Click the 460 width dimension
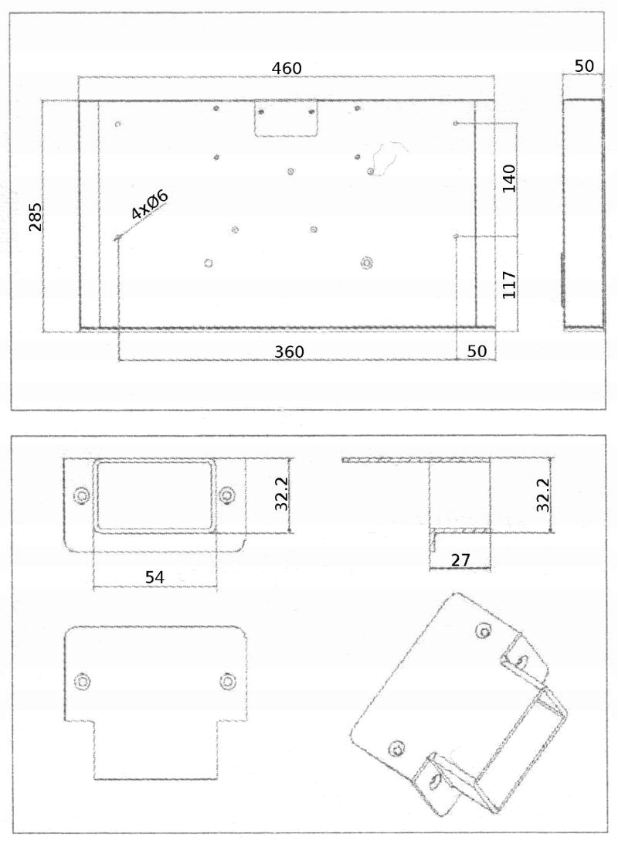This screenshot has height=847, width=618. pyautogui.click(x=287, y=68)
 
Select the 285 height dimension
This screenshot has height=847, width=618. pyautogui.click(x=36, y=216)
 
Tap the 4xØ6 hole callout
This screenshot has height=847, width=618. pyautogui.click(x=149, y=205)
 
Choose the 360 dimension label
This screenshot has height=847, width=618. pyautogui.click(x=290, y=352)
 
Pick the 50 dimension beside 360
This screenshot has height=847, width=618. pyautogui.click(x=477, y=351)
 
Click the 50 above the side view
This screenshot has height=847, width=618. pyautogui.click(x=584, y=66)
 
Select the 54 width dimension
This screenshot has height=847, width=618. pyautogui.click(x=154, y=577)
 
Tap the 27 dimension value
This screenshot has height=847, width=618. pyautogui.click(x=460, y=560)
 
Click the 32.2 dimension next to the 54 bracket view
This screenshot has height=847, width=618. pyautogui.click(x=282, y=494)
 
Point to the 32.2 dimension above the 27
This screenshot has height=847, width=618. pyautogui.click(x=543, y=495)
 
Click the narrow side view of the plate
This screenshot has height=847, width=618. pyautogui.click(x=583, y=214)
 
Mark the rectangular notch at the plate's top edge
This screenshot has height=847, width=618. pyautogui.click(x=287, y=118)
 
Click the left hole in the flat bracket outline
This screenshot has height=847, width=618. pyautogui.click(x=82, y=681)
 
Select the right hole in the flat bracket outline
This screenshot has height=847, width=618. pyautogui.click(x=226, y=681)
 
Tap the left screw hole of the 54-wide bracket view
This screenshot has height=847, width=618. pyautogui.click(x=81, y=495)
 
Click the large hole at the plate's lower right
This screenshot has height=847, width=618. pyautogui.click(x=366, y=263)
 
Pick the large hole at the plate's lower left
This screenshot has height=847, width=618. pyautogui.click(x=208, y=263)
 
